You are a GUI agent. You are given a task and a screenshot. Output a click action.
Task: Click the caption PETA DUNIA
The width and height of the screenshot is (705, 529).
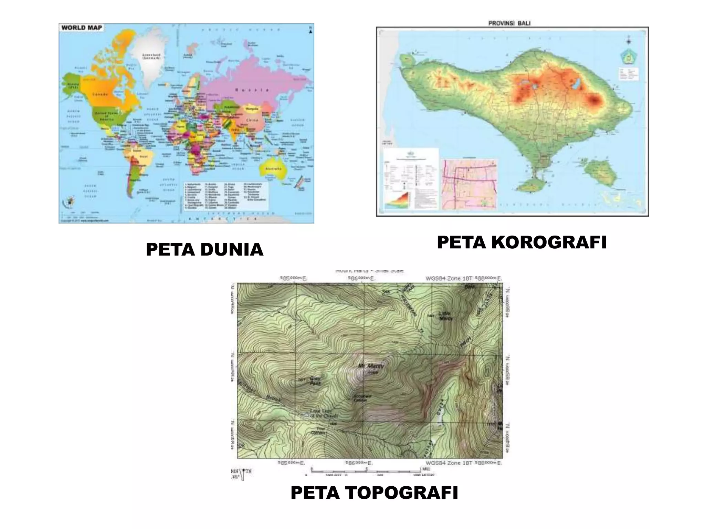click(x=204, y=250)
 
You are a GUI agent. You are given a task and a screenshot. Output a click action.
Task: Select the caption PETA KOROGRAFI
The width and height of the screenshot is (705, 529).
click(x=522, y=242)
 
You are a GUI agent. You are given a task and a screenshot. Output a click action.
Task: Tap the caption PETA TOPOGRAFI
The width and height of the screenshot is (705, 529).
click(x=374, y=492)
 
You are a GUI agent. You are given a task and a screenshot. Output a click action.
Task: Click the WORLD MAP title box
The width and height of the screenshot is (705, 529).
click(x=82, y=28)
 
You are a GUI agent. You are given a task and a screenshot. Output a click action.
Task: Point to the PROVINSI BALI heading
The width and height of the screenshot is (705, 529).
click(x=509, y=23)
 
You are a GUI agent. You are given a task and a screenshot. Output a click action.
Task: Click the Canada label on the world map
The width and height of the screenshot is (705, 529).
click(x=101, y=94)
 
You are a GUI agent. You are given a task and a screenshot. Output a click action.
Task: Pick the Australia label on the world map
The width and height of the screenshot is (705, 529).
click(x=274, y=169)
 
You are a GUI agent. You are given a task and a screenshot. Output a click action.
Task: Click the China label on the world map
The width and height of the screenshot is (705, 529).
click(x=252, y=120)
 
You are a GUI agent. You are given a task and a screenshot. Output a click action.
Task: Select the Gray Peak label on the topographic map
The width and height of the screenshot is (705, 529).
click(x=315, y=380)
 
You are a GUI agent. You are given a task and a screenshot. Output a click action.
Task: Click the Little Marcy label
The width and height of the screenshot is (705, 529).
click(x=445, y=316)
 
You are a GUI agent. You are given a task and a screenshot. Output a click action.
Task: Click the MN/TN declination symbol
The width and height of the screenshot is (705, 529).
click(x=241, y=474)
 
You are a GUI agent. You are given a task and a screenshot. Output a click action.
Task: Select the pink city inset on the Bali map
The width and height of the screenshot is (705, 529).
click(x=470, y=184)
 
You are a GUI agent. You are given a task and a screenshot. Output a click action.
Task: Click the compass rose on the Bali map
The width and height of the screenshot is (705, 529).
click(x=629, y=42)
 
